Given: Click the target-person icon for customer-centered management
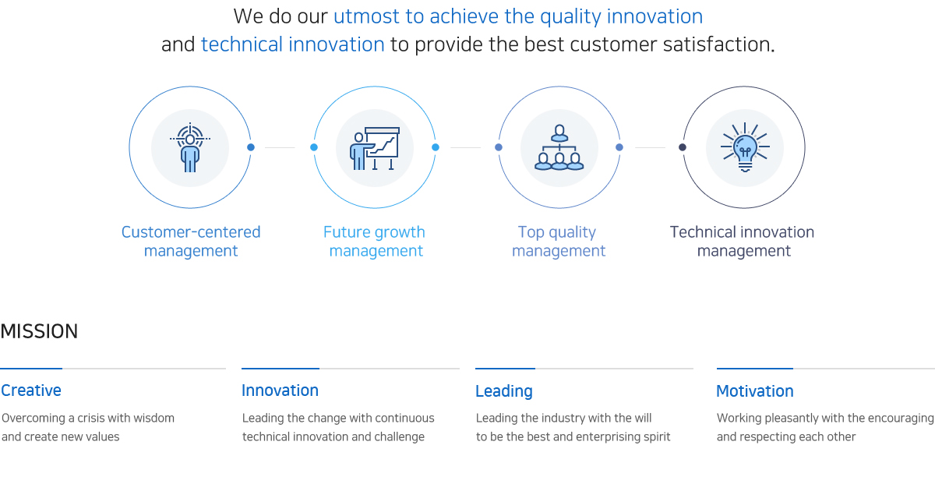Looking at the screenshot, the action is [190, 147].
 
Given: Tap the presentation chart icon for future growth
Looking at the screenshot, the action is [375, 148].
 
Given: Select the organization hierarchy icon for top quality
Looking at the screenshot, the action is [559, 147].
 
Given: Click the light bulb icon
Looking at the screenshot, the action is [745, 147].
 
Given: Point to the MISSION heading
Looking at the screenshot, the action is [39, 331].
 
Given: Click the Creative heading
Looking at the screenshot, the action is [31, 390].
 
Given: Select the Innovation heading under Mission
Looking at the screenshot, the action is [280, 390].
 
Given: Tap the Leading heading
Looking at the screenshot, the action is [504, 391].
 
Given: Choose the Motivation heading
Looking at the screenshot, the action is [755, 391].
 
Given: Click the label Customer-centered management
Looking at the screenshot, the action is [191, 242].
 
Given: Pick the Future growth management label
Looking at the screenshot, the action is [375, 242].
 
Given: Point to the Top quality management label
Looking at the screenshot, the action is [559, 242].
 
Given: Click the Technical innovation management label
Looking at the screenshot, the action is [742, 242].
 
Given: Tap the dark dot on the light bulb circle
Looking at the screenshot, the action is [683, 147].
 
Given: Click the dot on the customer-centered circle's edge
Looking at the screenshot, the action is [251, 147].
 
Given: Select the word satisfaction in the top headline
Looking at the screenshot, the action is [716, 44].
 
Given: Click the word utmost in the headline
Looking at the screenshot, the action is [366, 16].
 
